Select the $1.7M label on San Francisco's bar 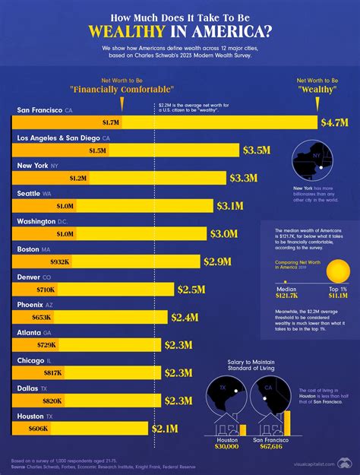click(112, 122)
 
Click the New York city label click(35, 165)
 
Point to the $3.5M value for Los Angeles click(257, 150)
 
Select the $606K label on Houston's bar click(39, 429)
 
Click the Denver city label click(31, 277)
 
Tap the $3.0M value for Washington click(223, 234)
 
